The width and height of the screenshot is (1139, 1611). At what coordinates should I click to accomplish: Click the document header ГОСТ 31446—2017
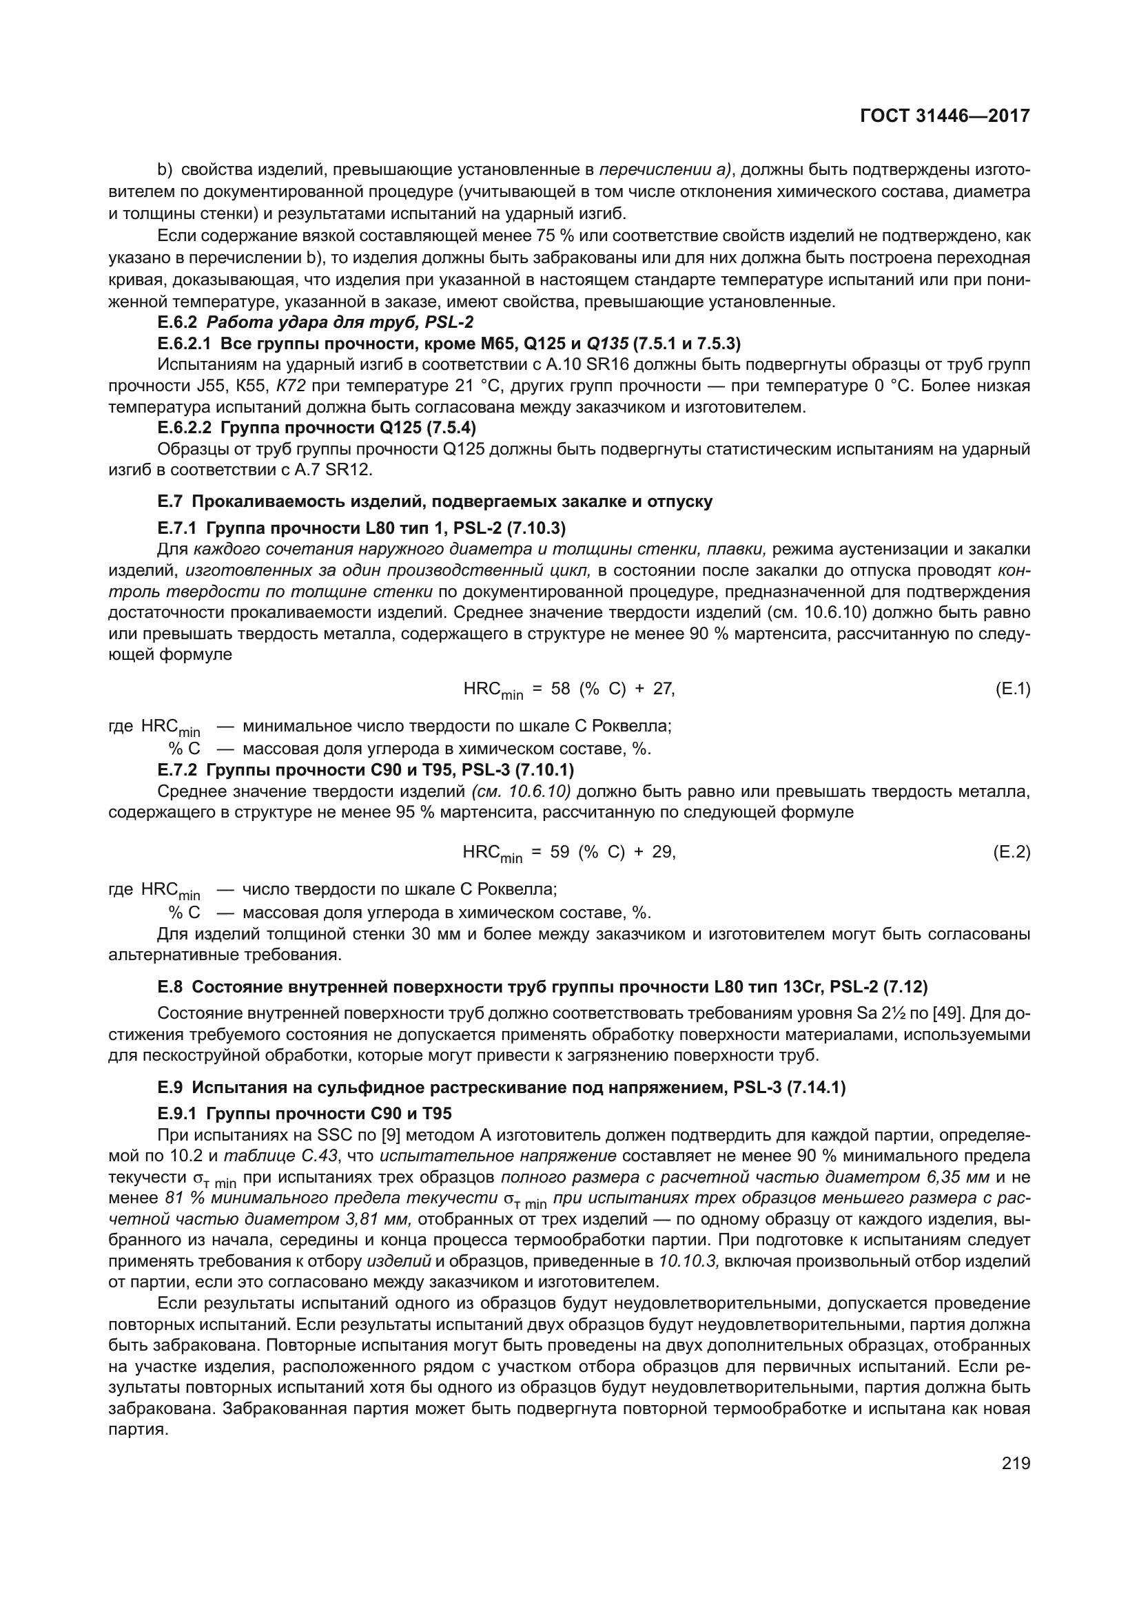pos(945,116)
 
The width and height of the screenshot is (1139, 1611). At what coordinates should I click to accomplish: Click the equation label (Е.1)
pos(1012,689)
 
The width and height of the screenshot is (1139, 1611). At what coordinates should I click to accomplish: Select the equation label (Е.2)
pos(1012,853)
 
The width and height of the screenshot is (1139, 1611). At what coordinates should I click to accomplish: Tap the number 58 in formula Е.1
pos(561,689)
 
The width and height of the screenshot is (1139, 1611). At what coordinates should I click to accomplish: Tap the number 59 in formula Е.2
pos(560,853)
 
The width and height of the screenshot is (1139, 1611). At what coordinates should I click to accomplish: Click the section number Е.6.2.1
pos(185,343)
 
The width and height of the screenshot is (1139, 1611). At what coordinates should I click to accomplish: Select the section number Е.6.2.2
pos(185,427)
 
